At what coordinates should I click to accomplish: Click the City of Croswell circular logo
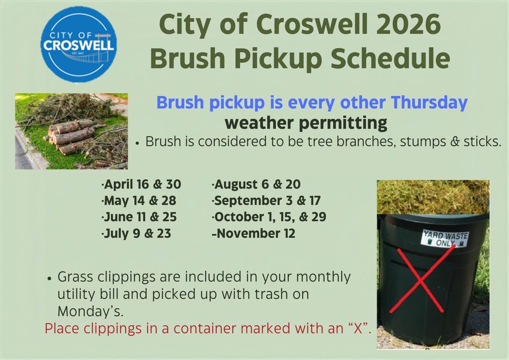coord(79,44)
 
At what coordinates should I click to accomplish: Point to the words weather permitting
coord(305,122)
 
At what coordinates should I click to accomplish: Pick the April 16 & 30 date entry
coord(141,184)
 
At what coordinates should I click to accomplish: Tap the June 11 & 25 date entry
coord(139,217)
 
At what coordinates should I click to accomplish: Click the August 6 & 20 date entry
coord(256,184)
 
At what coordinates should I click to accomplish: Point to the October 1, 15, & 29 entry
coord(269,217)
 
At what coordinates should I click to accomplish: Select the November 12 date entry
coord(254,234)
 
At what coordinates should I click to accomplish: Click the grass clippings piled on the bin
coord(432,196)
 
